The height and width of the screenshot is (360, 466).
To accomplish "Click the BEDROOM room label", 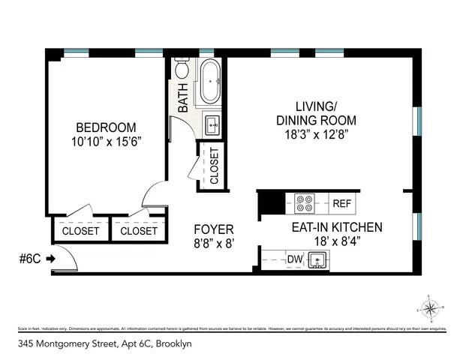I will tap(105, 127).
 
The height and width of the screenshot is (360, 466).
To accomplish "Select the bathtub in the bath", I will tap(209, 82).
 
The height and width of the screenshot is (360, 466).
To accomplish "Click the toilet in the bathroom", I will tap(182, 70).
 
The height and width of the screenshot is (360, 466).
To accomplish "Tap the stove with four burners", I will tap(305, 203).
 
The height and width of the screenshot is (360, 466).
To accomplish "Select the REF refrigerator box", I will tap(341, 203).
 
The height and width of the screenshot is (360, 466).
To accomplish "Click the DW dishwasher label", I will tap(296, 259).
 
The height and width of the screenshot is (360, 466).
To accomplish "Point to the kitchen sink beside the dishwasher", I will tap(319, 260).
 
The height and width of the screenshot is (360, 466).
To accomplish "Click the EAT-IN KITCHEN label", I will tap(337, 227).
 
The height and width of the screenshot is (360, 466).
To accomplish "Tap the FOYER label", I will tap(214, 229).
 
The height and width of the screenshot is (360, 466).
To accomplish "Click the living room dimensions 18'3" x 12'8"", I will tap(316, 134).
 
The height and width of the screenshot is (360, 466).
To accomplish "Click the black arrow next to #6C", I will tap(50, 259).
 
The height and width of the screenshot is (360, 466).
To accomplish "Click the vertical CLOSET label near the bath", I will tap(214, 166).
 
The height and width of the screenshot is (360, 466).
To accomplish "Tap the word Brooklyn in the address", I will tap(173, 343).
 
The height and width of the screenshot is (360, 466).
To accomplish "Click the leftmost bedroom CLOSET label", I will tap(80, 231).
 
